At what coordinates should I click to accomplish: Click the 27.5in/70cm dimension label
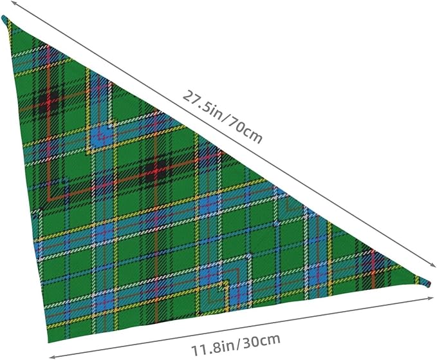click(223, 117)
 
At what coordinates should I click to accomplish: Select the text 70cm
click(246, 131)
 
